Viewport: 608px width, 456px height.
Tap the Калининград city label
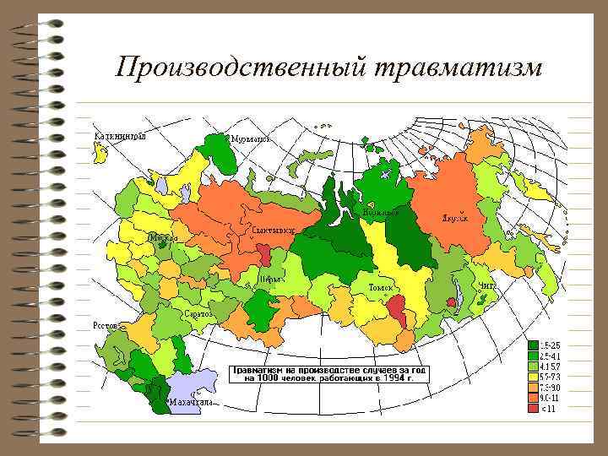tap(119, 135)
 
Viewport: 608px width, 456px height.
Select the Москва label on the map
tap(163, 238)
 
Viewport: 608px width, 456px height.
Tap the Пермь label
tap(272, 278)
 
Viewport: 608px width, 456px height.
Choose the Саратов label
tap(198, 313)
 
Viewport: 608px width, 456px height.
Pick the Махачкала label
tap(190, 404)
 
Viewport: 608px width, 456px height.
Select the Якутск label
tap(453, 218)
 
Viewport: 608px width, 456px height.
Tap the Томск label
tap(380, 288)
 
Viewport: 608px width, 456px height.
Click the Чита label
tap(487, 286)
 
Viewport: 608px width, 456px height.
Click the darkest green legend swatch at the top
tap(533, 345)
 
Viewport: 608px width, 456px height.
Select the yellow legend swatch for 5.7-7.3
tap(533, 377)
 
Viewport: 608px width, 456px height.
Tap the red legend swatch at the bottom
tap(533, 409)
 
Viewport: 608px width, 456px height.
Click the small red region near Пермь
tap(264, 254)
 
